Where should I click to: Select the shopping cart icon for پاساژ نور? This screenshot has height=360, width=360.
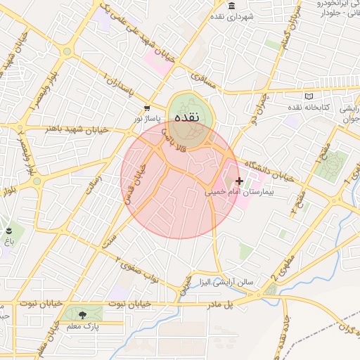click(x=146, y=108)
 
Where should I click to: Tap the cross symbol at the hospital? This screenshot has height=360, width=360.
click(x=239, y=181)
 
